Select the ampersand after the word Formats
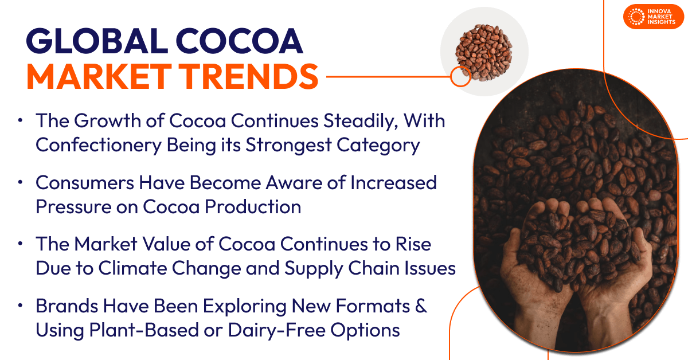click(x=421, y=306)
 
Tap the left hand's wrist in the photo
click(x=525, y=321)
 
